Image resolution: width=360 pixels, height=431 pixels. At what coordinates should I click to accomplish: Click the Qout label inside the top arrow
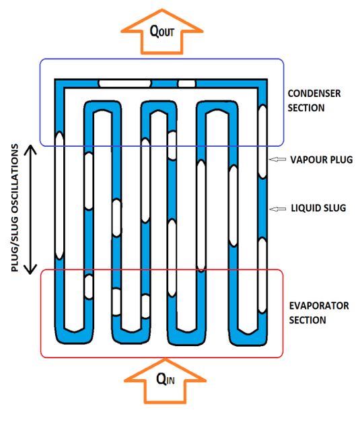tap(161, 31)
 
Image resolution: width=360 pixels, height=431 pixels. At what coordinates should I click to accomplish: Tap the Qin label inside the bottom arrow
tap(166, 380)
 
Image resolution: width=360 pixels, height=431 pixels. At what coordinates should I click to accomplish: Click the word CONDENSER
tap(314, 94)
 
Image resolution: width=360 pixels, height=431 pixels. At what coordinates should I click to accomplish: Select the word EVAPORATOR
tap(319, 306)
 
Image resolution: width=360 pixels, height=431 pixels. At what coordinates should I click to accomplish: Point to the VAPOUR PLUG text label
tap(321, 160)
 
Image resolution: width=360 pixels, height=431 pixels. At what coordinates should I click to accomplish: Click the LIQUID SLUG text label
tap(318, 208)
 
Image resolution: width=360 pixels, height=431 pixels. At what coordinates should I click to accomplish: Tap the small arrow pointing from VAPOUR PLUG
tap(277, 159)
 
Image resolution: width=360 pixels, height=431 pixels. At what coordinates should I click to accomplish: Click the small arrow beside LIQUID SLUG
tap(278, 209)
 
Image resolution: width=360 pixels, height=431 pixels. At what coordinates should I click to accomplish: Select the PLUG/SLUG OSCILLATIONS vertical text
tap(15, 208)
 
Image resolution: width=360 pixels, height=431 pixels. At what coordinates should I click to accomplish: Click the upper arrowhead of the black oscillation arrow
tap(30, 149)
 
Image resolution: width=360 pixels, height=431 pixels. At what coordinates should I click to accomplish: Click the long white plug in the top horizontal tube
tap(125, 84)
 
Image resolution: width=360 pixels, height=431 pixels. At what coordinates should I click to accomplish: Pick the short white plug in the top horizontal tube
tap(186, 84)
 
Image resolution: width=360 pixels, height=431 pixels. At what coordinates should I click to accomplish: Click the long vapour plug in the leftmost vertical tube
tap(59, 195)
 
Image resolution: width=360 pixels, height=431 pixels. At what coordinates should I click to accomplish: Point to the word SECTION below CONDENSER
tap(306, 108)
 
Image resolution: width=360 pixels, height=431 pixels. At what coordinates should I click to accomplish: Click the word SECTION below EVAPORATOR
tap(308, 320)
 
